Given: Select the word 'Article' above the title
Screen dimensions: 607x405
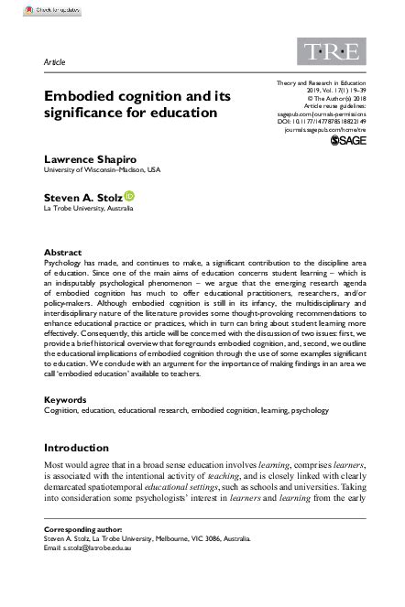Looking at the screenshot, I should pyautogui.click(x=55, y=61).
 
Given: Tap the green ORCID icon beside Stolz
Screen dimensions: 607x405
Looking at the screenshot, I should pyautogui.click(x=128, y=195).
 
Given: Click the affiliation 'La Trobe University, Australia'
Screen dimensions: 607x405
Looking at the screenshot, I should pyautogui.click(x=90, y=207).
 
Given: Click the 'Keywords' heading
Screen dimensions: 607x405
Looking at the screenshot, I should pyautogui.click(x=66, y=401).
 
